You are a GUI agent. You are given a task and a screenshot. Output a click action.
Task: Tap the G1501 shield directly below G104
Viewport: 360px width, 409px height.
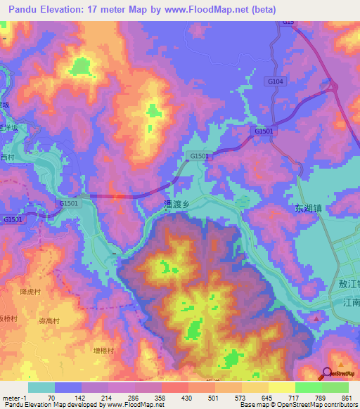(264, 131)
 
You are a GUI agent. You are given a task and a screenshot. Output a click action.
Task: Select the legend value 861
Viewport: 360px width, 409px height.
(347, 397)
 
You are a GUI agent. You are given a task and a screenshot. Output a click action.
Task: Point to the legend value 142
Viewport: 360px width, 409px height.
(89, 397)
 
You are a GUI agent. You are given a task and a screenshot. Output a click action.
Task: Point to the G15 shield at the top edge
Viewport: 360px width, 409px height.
(288, 23)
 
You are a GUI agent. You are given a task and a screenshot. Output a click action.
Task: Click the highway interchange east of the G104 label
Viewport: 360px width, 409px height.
(333, 89)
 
